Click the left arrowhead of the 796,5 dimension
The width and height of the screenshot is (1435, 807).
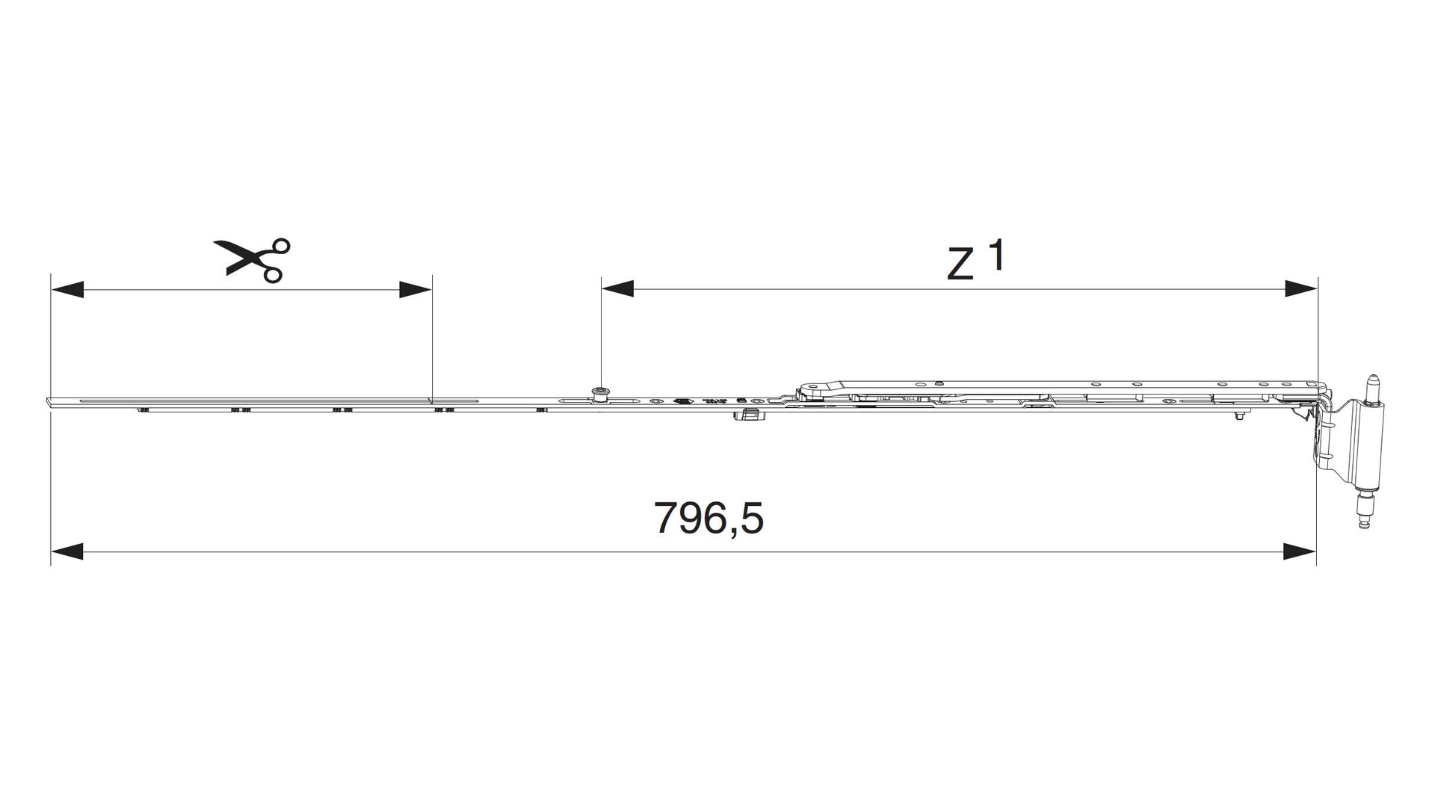(x=66, y=552)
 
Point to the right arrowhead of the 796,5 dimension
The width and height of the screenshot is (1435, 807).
(x=1300, y=552)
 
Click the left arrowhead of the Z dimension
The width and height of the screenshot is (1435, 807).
(x=617, y=289)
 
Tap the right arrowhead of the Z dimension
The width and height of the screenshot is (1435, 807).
(x=1300, y=289)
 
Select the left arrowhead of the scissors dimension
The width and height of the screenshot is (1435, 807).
(x=66, y=289)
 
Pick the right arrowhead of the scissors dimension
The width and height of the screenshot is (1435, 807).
(x=416, y=289)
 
